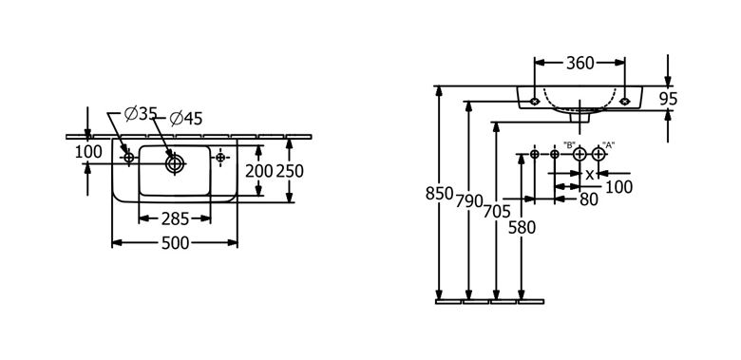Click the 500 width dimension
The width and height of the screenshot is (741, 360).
176,243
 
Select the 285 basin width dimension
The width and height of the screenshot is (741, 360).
175,218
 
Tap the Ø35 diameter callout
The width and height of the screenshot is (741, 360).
141,114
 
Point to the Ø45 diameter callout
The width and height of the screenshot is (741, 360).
185,118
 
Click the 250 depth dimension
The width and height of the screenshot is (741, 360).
290,171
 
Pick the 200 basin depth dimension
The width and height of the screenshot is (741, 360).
259,171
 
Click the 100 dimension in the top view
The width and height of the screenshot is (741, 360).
88,152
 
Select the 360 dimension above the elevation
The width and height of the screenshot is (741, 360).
579,63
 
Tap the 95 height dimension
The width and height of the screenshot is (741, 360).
668,99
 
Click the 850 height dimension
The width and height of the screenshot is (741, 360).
440,194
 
